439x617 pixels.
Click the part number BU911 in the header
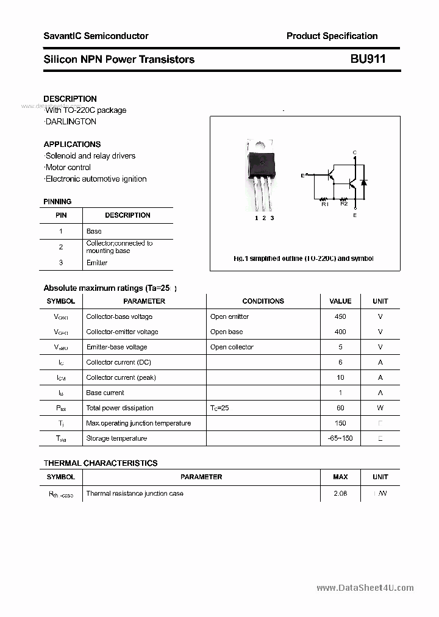(x=368, y=59)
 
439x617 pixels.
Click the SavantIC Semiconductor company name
(x=96, y=36)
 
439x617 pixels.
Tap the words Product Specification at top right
(x=332, y=36)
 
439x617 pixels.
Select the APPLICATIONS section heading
(x=72, y=144)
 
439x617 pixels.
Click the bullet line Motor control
(x=68, y=167)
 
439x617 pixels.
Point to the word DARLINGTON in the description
(x=70, y=121)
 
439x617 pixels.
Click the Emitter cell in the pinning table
(x=97, y=263)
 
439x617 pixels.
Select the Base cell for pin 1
(x=94, y=231)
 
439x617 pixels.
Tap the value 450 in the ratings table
(x=340, y=316)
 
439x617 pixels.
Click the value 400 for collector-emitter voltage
(x=340, y=332)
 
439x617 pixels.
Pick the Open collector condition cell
(x=232, y=347)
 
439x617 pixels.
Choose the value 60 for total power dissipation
(x=340, y=408)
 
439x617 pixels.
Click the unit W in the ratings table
(x=380, y=408)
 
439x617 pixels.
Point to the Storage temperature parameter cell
(x=116, y=438)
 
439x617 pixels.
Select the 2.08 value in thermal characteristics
(x=340, y=493)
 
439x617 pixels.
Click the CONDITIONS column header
(x=263, y=301)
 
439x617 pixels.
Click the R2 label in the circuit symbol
(x=344, y=204)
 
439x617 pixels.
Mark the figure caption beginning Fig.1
(x=304, y=259)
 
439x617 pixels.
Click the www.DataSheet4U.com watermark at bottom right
(x=365, y=588)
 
